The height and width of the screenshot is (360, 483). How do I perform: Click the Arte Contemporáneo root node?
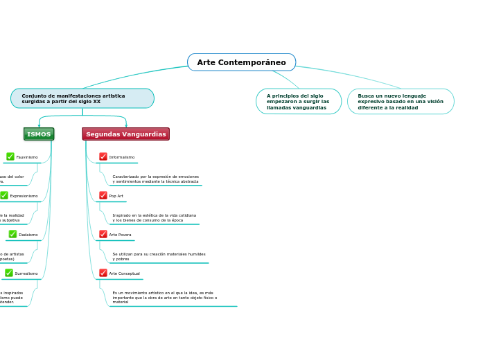click(241, 62)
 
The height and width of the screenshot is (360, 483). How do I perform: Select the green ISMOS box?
click(39, 134)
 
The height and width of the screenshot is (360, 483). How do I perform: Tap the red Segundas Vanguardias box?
click(126, 134)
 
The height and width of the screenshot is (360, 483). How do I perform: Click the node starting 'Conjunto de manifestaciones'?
click(82, 98)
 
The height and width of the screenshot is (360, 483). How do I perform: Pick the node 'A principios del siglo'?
click(298, 101)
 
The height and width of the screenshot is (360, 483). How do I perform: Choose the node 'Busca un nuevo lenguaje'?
click(401, 101)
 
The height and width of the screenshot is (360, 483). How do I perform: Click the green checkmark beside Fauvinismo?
click(10, 156)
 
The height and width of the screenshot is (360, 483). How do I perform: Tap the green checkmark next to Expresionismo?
click(4, 195)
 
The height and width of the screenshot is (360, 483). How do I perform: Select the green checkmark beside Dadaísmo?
click(12, 234)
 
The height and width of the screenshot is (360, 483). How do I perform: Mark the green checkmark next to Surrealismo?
click(9, 273)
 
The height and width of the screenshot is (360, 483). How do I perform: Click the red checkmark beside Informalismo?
click(103, 156)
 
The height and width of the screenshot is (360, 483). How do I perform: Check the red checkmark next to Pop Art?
click(103, 195)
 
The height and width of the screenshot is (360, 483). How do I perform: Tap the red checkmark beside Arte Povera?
click(103, 234)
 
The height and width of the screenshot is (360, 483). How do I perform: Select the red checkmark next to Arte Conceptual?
click(103, 273)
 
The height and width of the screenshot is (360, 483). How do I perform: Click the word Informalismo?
click(122, 157)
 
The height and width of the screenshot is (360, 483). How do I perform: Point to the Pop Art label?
click(116, 196)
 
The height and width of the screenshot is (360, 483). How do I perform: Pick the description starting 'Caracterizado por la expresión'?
click(155, 179)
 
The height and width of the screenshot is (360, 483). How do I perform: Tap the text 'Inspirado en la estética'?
click(154, 217)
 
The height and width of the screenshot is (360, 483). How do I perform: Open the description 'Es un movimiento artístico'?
click(164, 297)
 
